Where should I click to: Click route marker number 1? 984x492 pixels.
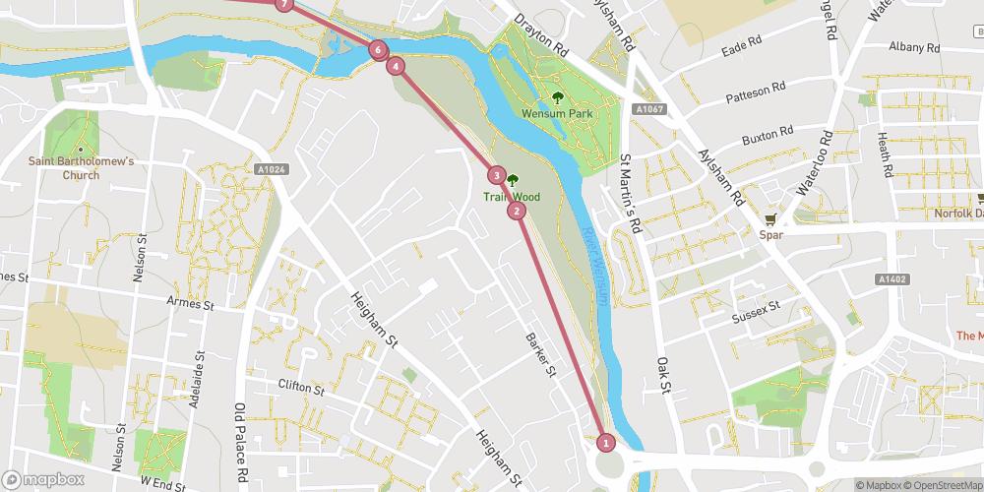(x=606, y=443)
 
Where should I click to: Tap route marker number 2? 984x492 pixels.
(x=517, y=210)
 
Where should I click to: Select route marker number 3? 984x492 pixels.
(x=497, y=176)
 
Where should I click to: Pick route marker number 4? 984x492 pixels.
(x=396, y=66)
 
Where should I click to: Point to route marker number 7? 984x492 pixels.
(x=284, y=4)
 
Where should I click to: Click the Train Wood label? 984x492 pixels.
(x=511, y=197)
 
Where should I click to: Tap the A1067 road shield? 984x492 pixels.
(x=646, y=109)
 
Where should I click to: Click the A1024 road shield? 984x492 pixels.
(x=271, y=169)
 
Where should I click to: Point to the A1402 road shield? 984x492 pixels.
(x=891, y=280)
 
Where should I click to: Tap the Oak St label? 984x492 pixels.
(x=662, y=375)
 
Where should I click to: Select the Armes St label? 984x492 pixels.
(x=191, y=305)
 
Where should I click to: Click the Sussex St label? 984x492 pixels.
(x=756, y=315)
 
